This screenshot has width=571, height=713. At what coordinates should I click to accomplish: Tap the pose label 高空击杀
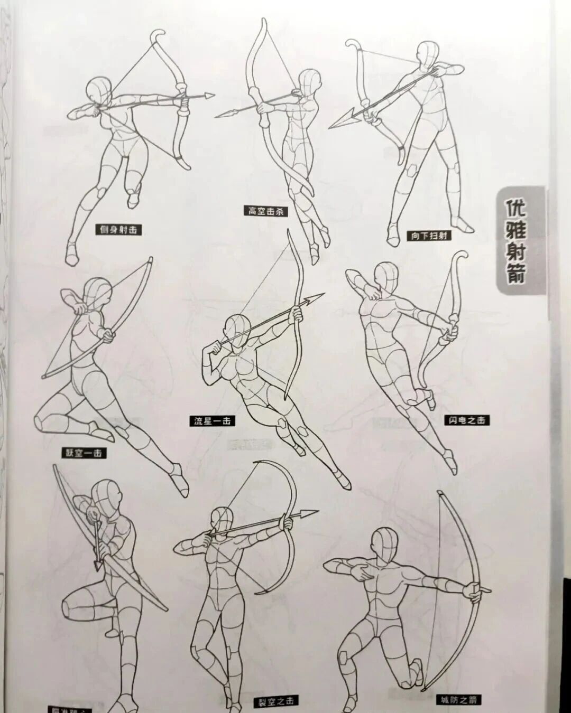point(267,211)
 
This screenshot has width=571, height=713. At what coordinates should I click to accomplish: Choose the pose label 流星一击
point(212,421)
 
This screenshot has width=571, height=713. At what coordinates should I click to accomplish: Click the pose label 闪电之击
point(466,420)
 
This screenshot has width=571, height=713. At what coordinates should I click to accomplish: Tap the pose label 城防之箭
point(458,700)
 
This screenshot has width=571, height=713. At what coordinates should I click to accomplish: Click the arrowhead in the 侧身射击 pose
point(208,96)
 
